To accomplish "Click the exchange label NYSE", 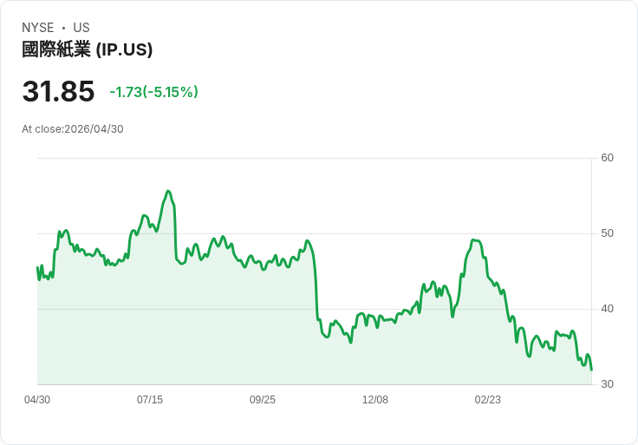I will [37, 28].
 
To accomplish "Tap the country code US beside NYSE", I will [81, 28].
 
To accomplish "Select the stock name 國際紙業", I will [56, 49].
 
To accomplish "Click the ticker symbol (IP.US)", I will [124, 49].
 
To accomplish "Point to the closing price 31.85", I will [58, 91].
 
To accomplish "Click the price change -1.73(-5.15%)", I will [154, 92].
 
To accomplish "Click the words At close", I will [42, 129].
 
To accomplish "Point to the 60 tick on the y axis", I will [608, 158].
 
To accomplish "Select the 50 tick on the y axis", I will [608, 233].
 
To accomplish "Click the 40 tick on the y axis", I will [608, 309].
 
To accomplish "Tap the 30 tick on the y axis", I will [608, 384].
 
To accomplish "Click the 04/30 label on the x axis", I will [37, 400].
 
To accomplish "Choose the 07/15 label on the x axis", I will [150, 400].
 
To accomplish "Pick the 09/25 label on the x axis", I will [263, 400].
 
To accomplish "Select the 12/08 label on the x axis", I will [375, 400].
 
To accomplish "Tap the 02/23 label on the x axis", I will [488, 400].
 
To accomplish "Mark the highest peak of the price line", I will [168, 191].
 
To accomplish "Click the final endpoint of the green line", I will [591, 370].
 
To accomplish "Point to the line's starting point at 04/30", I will [37, 267].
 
